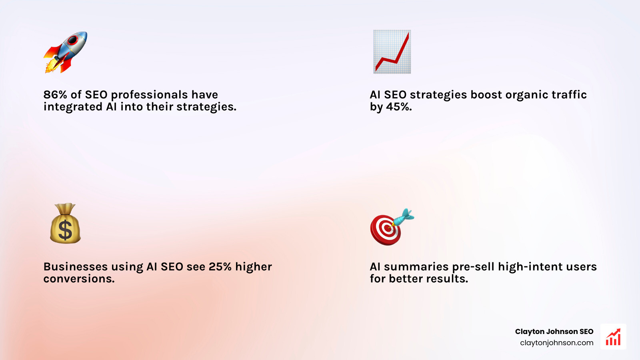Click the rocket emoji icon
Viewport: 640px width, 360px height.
pyautogui.click(x=66, y=52)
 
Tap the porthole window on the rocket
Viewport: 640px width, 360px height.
pyautogui.click(x=73, y=40)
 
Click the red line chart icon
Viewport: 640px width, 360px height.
pyautogui.click(x=392, y=52)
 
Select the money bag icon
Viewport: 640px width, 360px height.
pyautogui.click(x=65, y=224)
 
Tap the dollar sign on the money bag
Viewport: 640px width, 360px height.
pyautogui.click(x=65, y=230)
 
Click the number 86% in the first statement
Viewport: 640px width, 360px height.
pyautogui.click(x=55, y=95)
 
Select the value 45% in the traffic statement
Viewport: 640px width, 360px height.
pyautogui.click(x=399, y=107)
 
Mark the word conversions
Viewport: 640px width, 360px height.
pyautogui.click(x=79, y=279)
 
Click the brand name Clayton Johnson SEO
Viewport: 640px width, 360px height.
pyautogui.click(x=554, y=332)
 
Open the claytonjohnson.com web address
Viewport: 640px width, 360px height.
pyautogui.click(x=556, y=343)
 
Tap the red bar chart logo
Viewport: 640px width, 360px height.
pyautogui.click(x=613, y=337)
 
